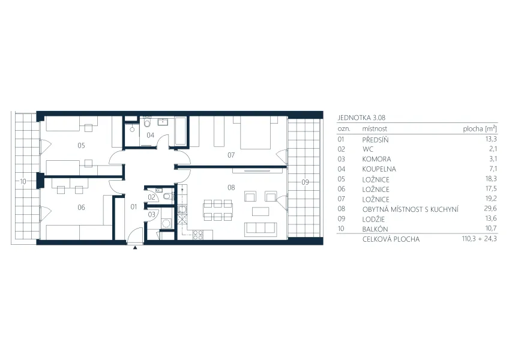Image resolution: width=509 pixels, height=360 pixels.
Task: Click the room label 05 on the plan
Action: point(81,145)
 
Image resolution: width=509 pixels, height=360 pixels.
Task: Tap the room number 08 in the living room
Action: point(231,187)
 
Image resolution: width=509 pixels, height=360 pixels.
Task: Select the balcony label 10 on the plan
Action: point(23,181)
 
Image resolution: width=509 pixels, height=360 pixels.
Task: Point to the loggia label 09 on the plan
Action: point(305,182)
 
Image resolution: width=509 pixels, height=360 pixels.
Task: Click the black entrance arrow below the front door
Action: point(135,248)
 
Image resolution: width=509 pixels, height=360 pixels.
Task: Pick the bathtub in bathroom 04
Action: point(181,131)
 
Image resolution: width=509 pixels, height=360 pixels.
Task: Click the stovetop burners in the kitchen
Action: point(198,235)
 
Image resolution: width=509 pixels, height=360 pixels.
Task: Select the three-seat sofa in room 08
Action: point(261,230)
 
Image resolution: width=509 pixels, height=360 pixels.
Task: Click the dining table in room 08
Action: point(218,210)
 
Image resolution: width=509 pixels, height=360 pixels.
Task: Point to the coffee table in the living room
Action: point(261,211)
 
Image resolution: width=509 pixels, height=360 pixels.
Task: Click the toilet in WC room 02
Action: point(167,196)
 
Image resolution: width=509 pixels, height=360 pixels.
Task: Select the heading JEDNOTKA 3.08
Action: point(361,118)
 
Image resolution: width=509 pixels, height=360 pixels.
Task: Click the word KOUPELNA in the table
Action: point(379,169)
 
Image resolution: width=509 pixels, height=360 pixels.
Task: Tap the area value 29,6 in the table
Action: point(490,209)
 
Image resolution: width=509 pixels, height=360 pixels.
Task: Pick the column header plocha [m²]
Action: point(480,129)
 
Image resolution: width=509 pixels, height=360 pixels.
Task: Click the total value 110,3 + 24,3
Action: point(480,239)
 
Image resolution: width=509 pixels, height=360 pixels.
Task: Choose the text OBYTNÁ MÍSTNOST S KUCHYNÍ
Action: point(411,209)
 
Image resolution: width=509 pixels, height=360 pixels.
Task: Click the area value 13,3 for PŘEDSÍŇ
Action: point(491,139)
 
